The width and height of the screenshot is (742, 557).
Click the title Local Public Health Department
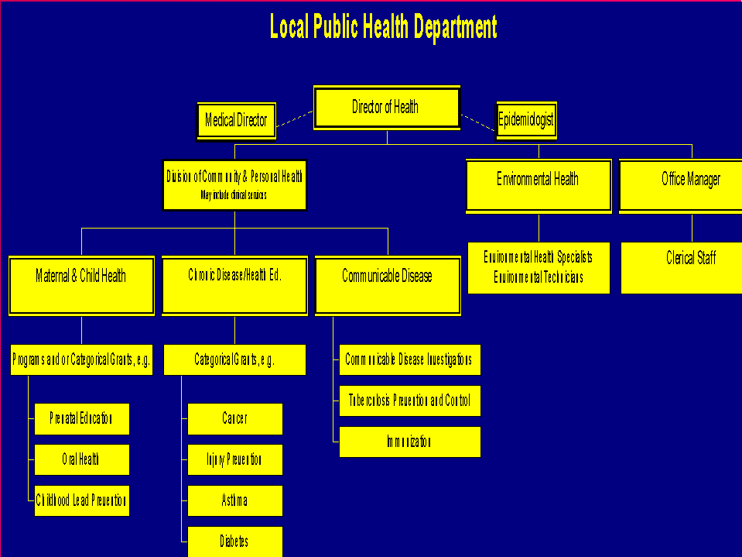pos(383,27)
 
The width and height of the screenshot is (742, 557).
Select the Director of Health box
pos(386,108)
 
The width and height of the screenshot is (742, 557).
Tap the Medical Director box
pos(236,121)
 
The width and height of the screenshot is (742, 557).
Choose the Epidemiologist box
pos(526,120)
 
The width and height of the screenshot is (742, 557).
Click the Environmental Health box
pos(538,184)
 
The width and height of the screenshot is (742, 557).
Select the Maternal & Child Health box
pos(81,285)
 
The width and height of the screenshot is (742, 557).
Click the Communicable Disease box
pos(387,285)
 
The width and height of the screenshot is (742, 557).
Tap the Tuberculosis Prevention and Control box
pos(409,401)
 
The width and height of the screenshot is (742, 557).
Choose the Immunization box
pos(409,442)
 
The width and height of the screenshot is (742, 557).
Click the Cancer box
pos(234,419)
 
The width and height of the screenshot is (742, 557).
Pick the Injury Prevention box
pos(234,460)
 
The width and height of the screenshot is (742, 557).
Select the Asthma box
pos(234,500)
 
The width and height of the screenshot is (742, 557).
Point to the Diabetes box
pos(234,541)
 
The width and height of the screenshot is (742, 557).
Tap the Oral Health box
pos(81,460)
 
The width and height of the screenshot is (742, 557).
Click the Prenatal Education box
pos(81,419)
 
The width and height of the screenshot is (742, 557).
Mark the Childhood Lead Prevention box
pos(81,500)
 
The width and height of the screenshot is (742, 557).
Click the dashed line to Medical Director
pos(295,119)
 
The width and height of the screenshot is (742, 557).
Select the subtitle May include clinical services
pos(234,195)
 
